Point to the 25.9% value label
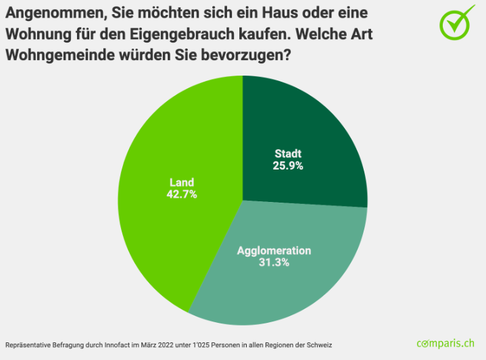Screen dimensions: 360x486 [x=289, y=165]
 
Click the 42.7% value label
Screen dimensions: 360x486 [x=181, y=194]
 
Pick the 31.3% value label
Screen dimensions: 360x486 [x=274, y=262]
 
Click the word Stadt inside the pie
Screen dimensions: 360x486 [x=288, y=153]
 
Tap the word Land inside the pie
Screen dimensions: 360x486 [x=181, y=182]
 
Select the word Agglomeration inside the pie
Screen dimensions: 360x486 [x=274, y=251]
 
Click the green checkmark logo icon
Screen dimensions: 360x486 [x=458, y=22]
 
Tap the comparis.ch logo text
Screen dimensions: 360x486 [x=445, y=343]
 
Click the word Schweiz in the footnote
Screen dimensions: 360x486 [x=318, y=344]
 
